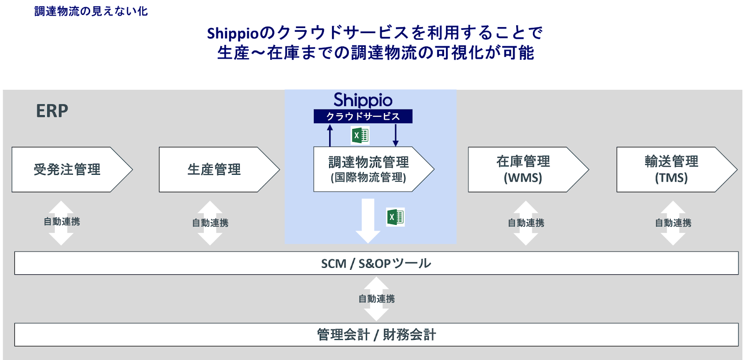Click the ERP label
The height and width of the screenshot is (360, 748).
click(52, 111)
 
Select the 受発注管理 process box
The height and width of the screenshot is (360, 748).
click(67, 169)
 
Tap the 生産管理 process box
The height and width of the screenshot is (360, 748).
click(214, 169)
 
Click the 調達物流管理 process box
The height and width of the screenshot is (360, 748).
click(368, 169)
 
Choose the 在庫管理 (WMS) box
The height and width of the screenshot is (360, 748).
click(523, 169)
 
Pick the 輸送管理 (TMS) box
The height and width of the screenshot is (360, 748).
click(671, 169)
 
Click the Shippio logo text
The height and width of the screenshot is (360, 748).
click(363, 100)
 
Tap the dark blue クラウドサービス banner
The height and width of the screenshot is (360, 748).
click(363, 116)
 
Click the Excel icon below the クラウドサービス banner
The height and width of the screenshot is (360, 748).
click(360, 136)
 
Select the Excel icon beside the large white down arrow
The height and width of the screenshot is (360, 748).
click(396, 217)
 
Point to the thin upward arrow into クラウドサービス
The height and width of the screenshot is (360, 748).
click(330, 136)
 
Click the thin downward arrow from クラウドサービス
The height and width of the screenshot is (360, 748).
click(396, 136)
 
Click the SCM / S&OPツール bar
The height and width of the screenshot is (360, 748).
click(376, 263)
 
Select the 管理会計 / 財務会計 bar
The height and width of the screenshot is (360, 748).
click(376, 335)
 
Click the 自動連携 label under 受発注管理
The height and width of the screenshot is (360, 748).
click(62, 222)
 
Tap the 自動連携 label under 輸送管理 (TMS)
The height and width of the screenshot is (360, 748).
click(673, 223)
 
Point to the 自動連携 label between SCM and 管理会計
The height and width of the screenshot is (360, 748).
click(376, 299)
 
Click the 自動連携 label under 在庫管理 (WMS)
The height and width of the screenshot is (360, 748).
click(526, 223)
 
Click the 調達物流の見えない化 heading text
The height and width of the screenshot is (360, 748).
click(91, 11)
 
